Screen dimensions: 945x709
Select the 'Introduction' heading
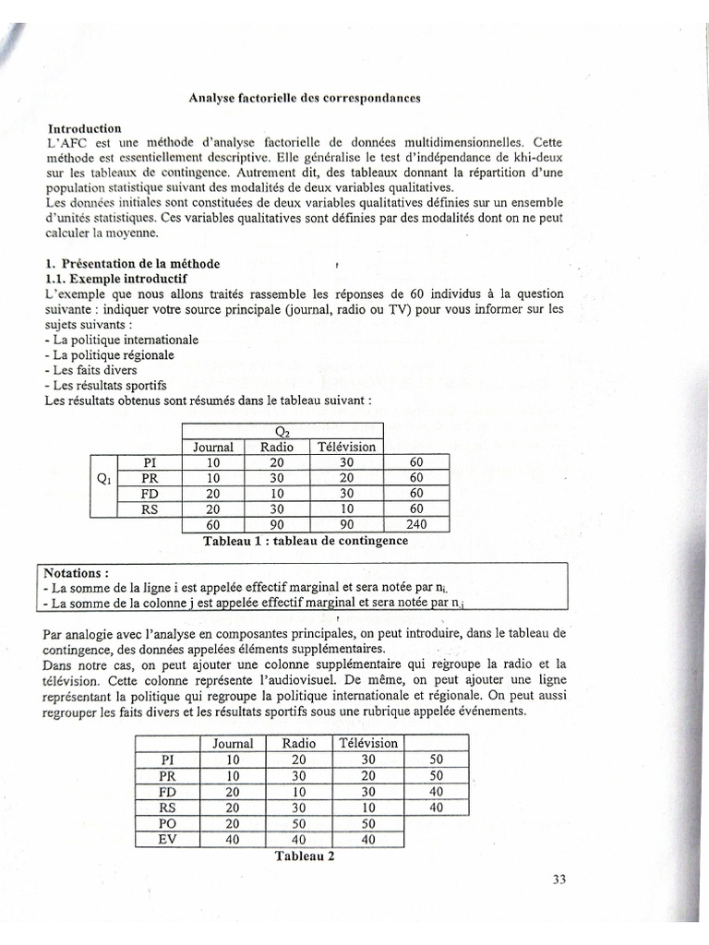click(x=84, y=128)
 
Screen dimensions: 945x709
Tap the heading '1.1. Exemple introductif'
click(x=116, y=278)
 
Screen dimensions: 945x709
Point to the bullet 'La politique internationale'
click(x=125, y=340)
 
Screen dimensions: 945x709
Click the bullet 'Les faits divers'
click(x=94, y=370)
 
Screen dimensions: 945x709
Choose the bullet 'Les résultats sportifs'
click(x=106, y=386)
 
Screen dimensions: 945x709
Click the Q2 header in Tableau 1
click(x=282, y=431)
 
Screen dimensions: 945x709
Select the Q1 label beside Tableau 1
click(x=103, y=478)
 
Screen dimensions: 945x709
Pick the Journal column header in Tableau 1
click(x=212, y=447)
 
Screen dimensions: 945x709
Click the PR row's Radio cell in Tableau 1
click(x=277, y=478)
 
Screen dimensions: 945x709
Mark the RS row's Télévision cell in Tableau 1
click(x=347, y=508)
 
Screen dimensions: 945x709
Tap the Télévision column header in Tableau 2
click(x=368, y=743)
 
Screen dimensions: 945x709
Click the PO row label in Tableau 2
click(x=167, y=823)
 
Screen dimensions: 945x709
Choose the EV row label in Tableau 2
click(x=167, y=839)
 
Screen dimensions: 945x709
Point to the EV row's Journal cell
click(x=233, y=839)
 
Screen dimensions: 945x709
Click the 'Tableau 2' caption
click(x=303, y=855)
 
